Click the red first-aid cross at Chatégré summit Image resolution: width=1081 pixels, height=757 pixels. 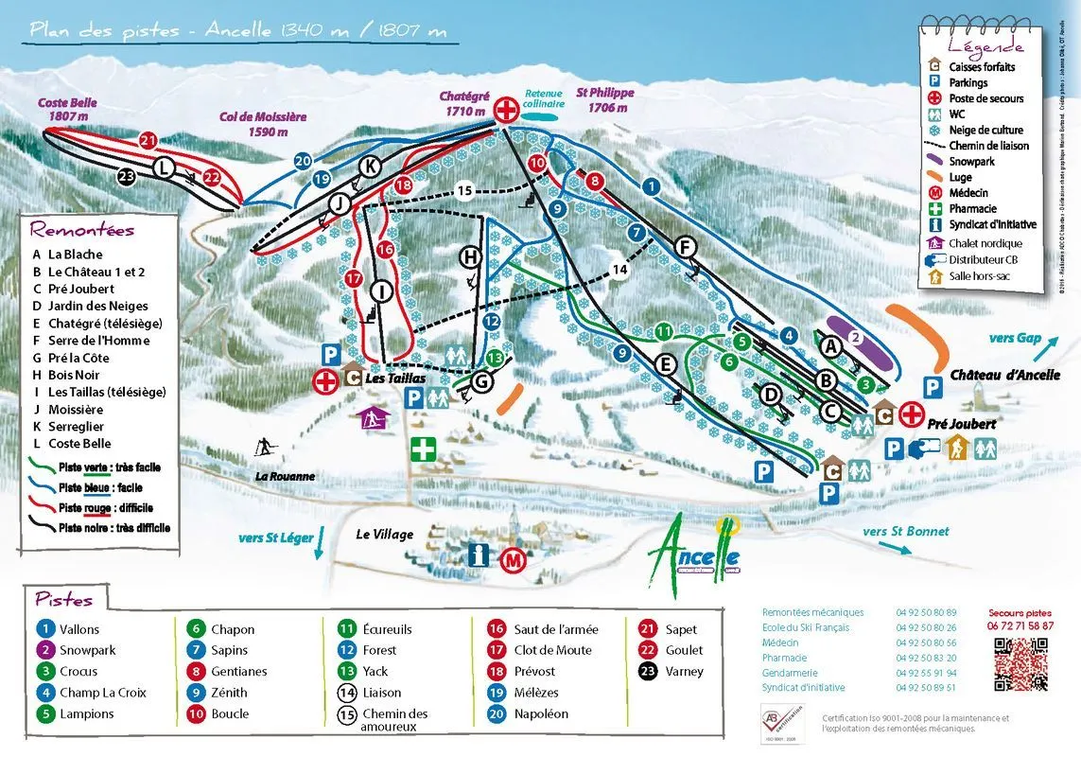pos(508,110)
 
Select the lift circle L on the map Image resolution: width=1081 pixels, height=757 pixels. pos(165,168)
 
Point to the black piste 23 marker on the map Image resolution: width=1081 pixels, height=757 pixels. pos(128,175)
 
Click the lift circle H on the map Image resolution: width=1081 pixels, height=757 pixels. pos(470,256)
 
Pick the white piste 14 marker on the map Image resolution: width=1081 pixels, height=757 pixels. pos(620,270)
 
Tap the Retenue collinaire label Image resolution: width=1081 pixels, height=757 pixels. pos(544,99)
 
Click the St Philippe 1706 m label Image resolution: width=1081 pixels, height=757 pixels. pos(605,100)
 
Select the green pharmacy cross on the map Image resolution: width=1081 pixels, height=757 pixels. pos(423,449)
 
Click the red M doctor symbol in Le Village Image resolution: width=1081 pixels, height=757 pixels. pos(513,559)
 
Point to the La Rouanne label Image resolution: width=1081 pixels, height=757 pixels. pos(285,477)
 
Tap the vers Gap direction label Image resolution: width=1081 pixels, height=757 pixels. pos(1014,339)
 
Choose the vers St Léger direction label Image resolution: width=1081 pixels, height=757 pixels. pos(275,538)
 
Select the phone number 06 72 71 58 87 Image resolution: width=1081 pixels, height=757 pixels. pos(1020,625)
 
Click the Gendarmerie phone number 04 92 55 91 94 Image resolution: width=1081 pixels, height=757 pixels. pos(926,672)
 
